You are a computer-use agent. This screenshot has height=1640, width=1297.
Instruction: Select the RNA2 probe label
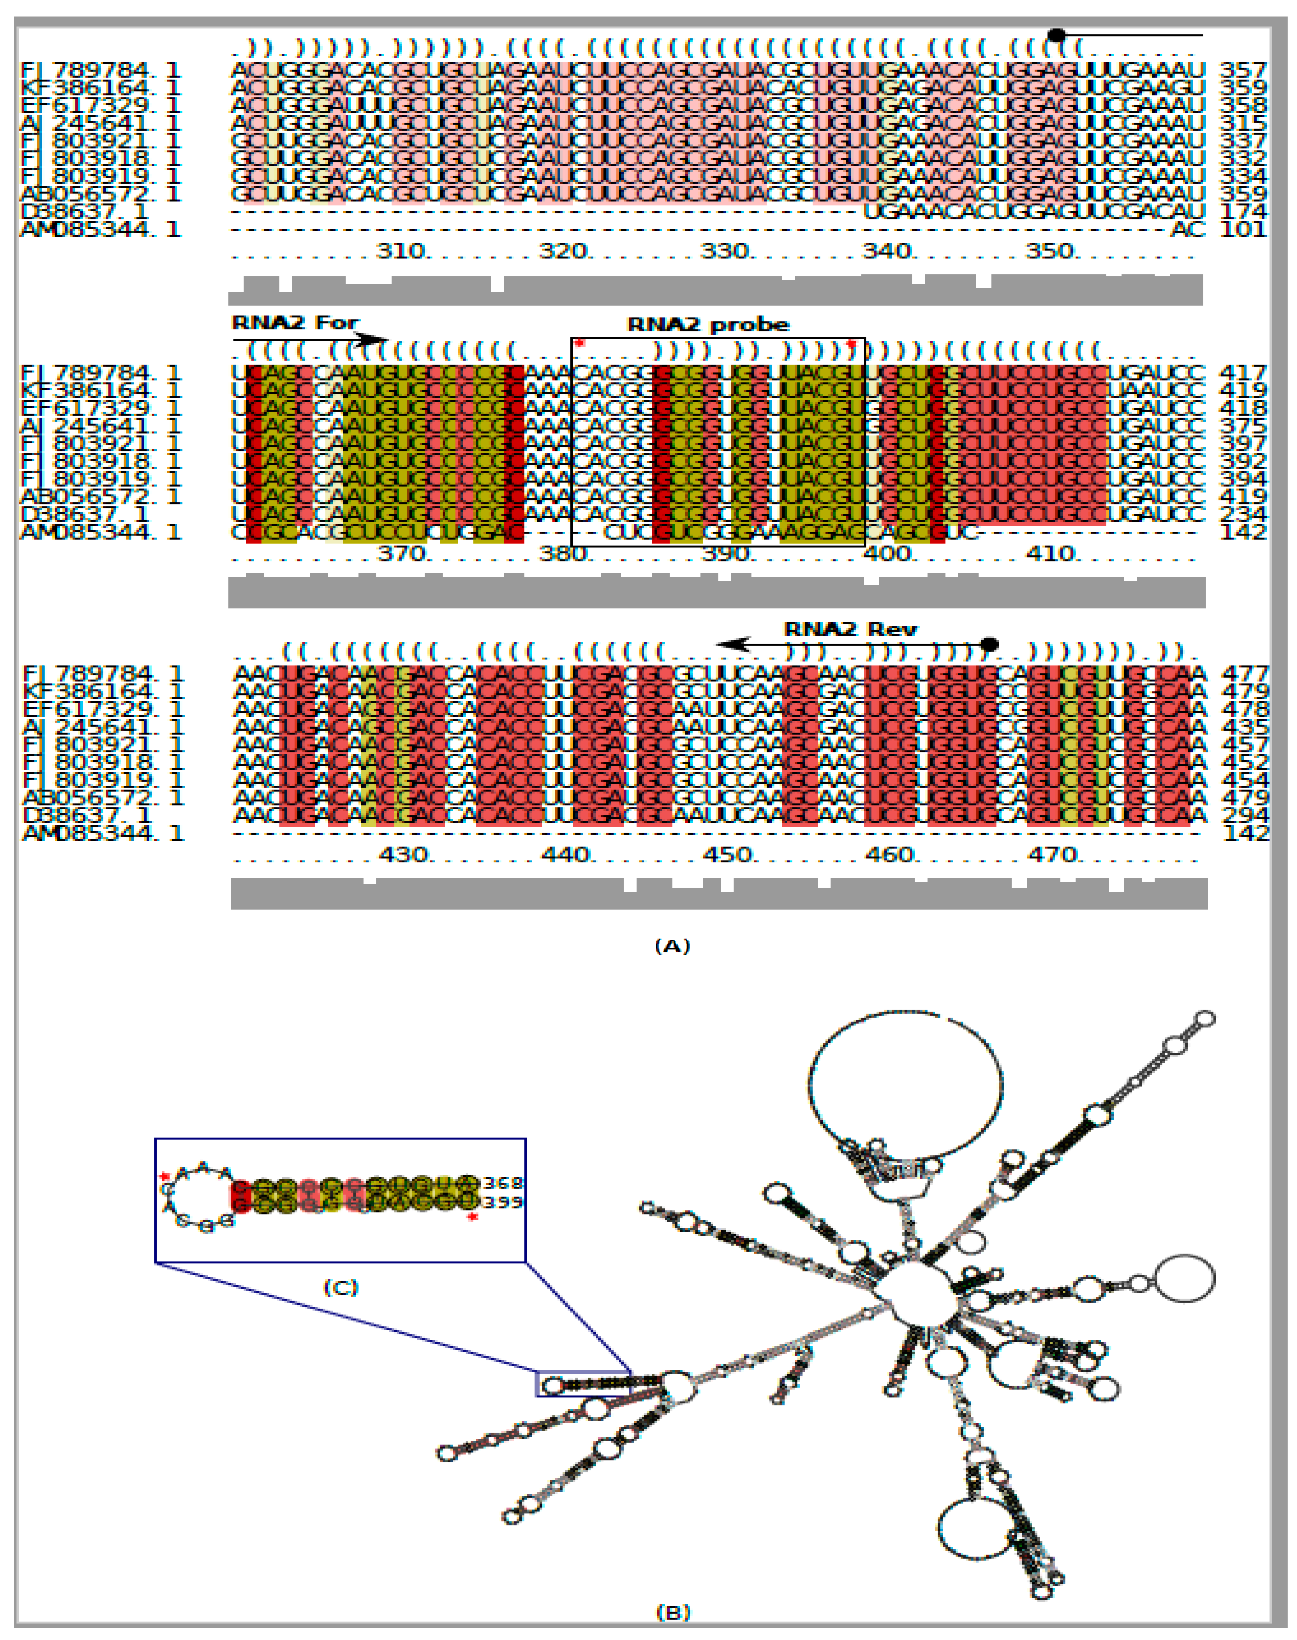pos(708,325)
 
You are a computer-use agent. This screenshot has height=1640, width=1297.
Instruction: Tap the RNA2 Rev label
pos(850,629)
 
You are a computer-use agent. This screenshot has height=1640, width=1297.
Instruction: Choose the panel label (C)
pos(340,1287)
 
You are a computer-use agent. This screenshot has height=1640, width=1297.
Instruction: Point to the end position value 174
pos(1243,211)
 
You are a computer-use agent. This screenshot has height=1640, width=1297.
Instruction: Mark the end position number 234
pos(1243,514)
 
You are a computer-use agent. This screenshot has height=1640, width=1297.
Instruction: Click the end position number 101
pos(1243,228)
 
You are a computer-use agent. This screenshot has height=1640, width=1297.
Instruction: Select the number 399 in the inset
pos(503,1202)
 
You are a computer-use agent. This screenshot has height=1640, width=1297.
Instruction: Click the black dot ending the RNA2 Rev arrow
pos(989,645)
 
